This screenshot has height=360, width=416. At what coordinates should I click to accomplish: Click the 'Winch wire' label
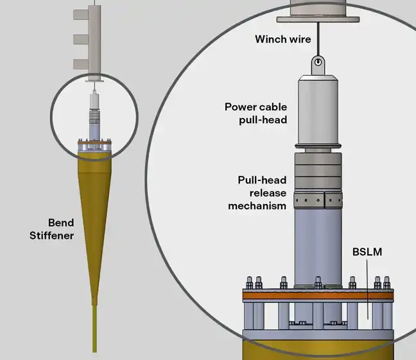click(x=283, y=39)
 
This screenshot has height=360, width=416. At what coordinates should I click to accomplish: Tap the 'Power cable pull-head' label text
click(x=256, y=113)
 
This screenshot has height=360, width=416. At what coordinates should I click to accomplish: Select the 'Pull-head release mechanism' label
click(x=257, y=193)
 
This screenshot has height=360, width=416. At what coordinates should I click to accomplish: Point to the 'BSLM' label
click(x=366, y=252)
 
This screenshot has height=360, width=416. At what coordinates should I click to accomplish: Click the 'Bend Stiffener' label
click(x=51, y=229)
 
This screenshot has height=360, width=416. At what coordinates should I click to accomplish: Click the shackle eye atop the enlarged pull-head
click(x=316, y=62)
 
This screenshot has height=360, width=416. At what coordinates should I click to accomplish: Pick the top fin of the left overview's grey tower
click(x=80, y=14)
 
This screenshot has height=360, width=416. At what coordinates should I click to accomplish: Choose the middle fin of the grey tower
click(x=80, y=39)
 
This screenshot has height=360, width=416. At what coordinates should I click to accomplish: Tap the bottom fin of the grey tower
click(x=80, y=64)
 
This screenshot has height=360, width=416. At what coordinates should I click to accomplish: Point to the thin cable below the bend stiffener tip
click(x=94, y=330)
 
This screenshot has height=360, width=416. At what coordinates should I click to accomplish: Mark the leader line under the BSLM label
click(x=368, y=289)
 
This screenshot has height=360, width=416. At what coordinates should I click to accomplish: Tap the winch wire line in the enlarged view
click(x=316, y=39)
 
